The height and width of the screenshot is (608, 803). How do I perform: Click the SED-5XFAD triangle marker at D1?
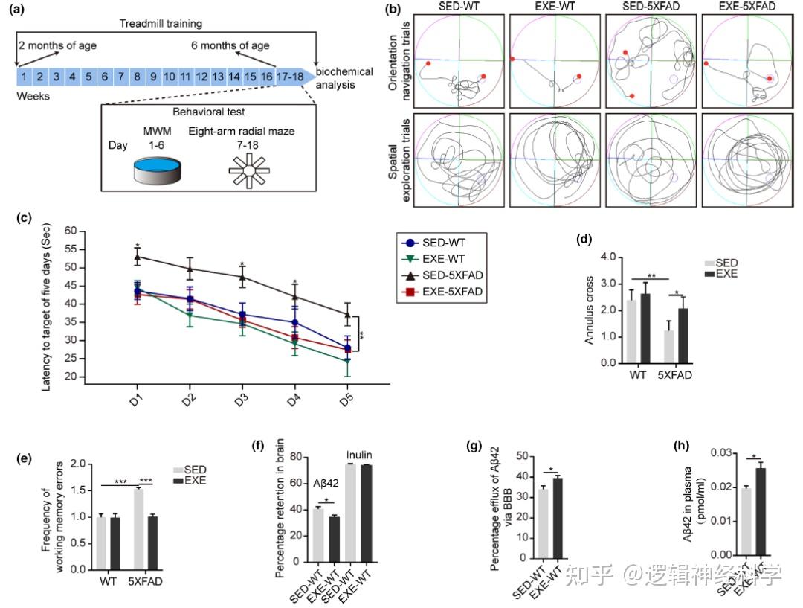click(138, 257)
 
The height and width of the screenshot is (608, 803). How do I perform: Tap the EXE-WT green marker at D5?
click(347, 362)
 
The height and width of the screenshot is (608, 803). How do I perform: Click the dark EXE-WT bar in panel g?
click(558, 519)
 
